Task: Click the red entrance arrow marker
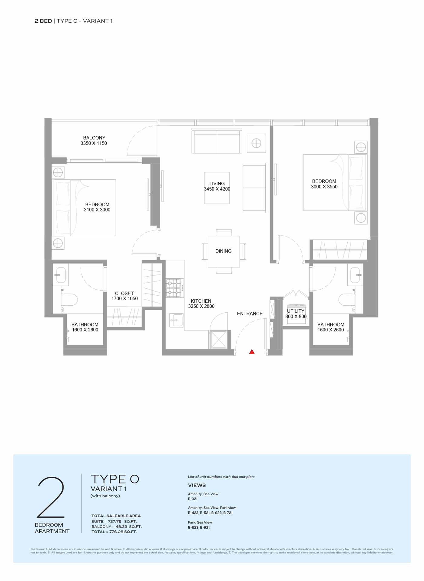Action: pos(252,352)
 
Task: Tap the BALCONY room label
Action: pos(94,138)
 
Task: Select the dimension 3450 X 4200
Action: pos(217,189)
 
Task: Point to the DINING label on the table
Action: pos(224,251)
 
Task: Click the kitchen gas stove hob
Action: pos(175,288)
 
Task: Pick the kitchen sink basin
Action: pos(176,320)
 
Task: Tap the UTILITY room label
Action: pos(296,311)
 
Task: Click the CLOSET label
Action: pos(124,294)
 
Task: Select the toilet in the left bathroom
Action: pos(69,300)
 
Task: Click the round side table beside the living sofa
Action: pos(256,143)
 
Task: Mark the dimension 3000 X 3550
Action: pos(324,187)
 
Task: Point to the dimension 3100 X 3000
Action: pos(97,210)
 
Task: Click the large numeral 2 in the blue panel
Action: pos(51,497)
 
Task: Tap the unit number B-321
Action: pos(193,499)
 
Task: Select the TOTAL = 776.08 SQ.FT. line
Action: pos(114,532)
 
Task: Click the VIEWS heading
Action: pos(197,485)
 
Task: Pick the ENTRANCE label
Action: pos(250,314)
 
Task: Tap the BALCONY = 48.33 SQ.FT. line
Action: pos(117,526)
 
